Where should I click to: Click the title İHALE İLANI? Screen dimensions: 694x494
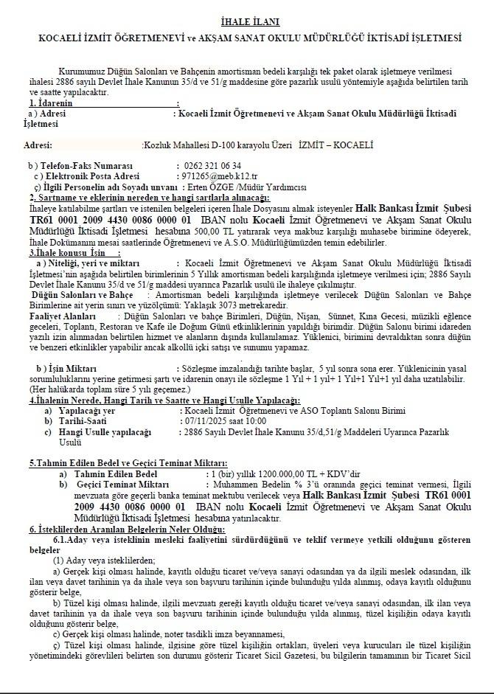[x=246, y=23]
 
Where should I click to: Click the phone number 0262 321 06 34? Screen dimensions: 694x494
[x=212, y=166]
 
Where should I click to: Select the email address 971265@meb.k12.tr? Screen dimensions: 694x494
[x=219, y=177]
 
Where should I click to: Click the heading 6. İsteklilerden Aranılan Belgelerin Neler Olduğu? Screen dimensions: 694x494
[x=126, y=530]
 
